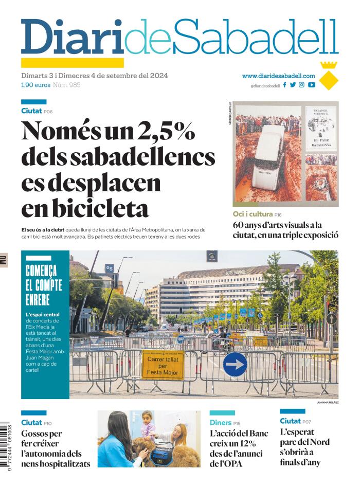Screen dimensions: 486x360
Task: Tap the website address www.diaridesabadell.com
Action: [x=278, y=76]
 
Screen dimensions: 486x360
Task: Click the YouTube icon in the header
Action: [x=312, y=85]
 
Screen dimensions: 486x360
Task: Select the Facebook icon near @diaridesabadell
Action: [x=285, y=85]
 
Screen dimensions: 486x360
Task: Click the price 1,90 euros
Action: [x=35, y=85]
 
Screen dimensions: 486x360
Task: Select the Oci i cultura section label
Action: [x=252, y=214]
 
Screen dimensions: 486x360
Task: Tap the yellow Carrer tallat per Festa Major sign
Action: [x=163, y=365]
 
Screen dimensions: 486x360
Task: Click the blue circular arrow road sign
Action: [x=235, y=364]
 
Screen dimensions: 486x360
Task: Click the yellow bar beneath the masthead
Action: [x=72, y=63]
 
